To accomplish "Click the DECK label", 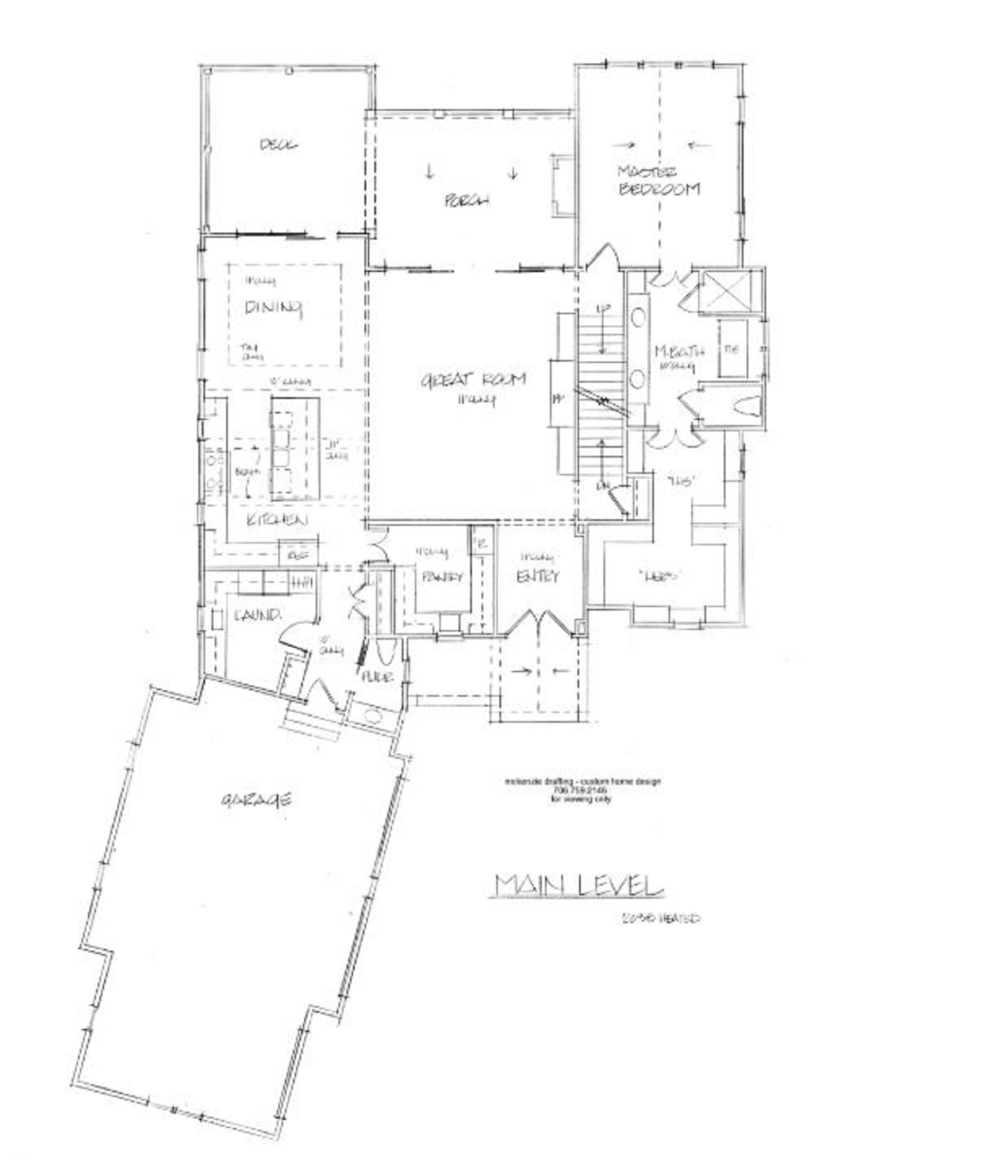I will click(x=279, y=145).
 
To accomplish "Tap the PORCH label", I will click(x=466, y=200).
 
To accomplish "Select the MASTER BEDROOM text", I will click(x=659, y=181).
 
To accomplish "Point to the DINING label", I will click(x=274, y=308).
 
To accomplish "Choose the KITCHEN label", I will click(x=278, y=520).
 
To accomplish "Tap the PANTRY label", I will click(x=443, y=576).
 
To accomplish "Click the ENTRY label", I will click(x=537, y=576).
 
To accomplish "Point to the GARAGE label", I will click(x=257, y=799).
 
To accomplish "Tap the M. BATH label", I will click(x=679, y=352).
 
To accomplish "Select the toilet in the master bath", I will click(x=745, y=405).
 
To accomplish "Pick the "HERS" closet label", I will click(x=658, y=576).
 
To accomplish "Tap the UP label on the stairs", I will click(x=604, y=309).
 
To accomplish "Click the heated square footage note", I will click(x=660, y=918).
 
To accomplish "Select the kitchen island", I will click(x=294, y=449).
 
